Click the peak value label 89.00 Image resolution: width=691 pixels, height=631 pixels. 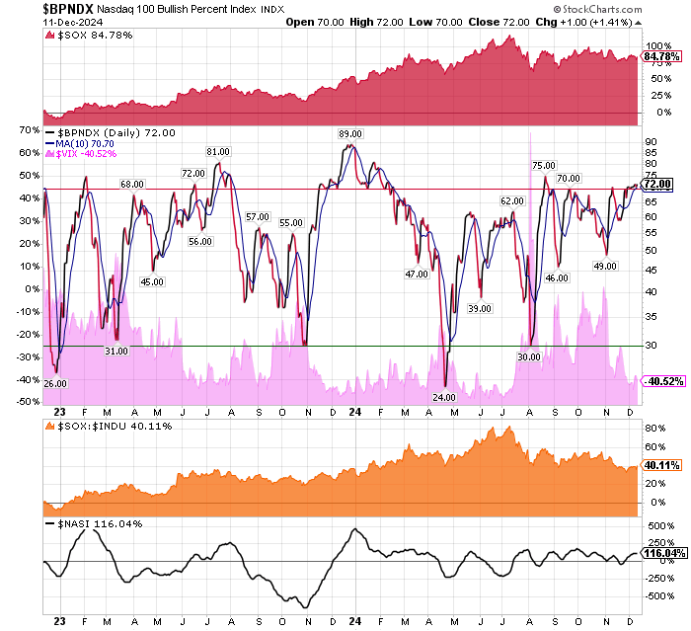349,134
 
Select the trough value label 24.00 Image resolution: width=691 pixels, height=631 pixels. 444,397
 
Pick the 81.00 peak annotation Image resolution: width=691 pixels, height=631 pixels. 217,151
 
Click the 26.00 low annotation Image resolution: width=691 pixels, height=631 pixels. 55,382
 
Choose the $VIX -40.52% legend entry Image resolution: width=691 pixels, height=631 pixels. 87,154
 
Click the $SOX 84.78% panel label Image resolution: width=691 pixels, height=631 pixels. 84,36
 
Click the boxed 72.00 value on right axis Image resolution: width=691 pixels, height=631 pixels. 656,184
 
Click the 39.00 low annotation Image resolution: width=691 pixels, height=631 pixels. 480,308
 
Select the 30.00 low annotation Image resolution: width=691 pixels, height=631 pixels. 529,356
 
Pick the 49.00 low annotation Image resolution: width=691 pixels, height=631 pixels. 605,266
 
